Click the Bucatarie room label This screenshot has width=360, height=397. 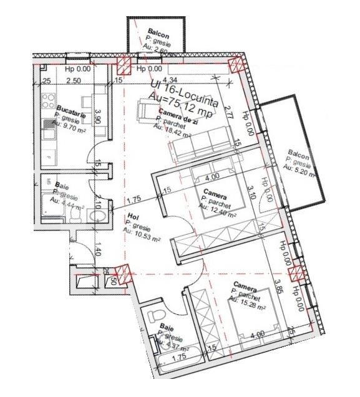68,108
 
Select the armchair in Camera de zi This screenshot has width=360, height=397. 147,112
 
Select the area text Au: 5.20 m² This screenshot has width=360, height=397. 298,168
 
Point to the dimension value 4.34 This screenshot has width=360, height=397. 169,80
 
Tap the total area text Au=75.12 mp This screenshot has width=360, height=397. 177,97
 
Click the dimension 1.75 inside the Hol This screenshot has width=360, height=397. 133,200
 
